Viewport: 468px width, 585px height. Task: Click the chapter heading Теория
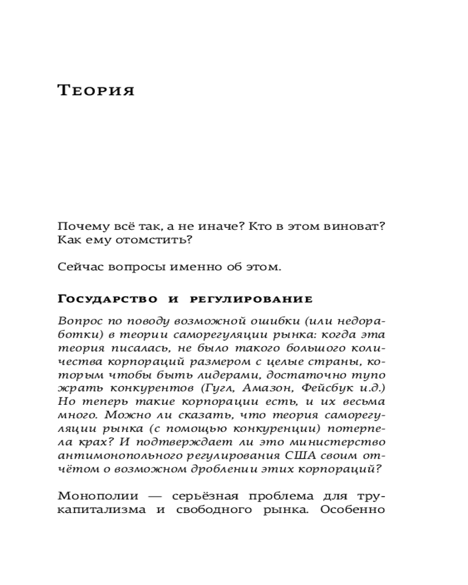[97, 91]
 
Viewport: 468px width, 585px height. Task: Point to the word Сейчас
[78, 267]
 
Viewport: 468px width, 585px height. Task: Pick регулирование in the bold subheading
[252, 300]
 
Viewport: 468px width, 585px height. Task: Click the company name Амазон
[264, 389]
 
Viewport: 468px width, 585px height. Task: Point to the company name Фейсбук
[321, 389]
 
